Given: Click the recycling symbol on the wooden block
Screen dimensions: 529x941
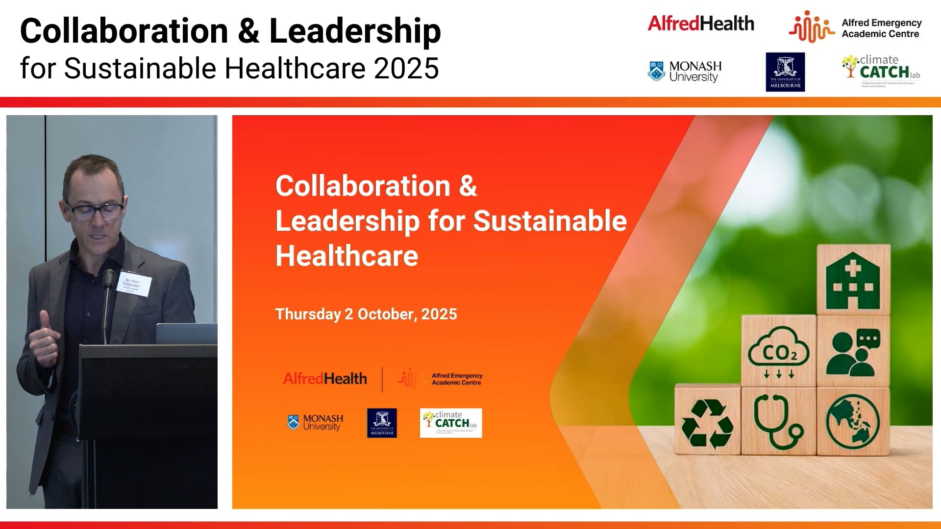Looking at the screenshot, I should coord(707,423).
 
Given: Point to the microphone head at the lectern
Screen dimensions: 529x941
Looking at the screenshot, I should coord(109,278).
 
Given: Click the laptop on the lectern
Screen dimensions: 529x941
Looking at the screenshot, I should coord(186,333).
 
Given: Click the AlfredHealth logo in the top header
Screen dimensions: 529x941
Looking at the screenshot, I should coord(701,24).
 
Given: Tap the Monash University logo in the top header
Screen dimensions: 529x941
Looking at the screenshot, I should coord(685,72).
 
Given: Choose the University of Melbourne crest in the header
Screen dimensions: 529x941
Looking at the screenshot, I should coord(785,72).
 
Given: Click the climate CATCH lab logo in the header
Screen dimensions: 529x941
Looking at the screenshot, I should coord(881,70).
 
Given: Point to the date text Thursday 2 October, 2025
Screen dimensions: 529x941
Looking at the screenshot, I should coord(366,314).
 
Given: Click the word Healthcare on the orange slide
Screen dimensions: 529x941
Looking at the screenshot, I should coord(347,256).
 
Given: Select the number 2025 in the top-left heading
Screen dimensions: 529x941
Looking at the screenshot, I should coord(406,68).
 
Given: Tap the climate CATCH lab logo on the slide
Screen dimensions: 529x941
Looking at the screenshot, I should coord(451,423).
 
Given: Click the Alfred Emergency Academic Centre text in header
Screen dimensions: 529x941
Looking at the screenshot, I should coord(881,28).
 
